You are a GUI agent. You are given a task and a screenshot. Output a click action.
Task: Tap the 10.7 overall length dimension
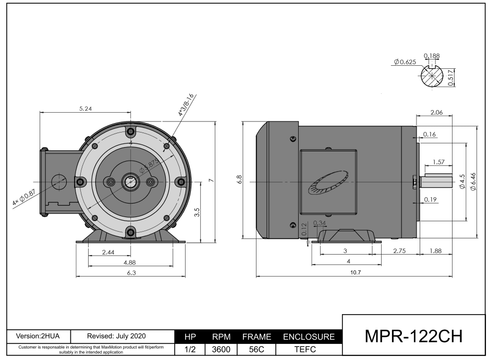(x=357, y=272)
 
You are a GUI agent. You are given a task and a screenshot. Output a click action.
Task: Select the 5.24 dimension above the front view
(x=86, y=109)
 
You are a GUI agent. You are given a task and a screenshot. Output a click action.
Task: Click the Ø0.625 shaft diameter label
(x=405, y=62)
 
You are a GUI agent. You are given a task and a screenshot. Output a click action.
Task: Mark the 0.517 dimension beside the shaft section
(x=451, y=78)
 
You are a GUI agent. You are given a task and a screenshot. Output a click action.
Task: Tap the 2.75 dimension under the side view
(x=399, y=251)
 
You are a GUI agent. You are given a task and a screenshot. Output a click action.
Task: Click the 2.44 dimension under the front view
(x=108, y=252)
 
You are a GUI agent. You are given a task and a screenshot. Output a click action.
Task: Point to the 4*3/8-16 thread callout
(x=186, y=105)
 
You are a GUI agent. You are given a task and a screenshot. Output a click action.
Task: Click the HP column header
(x=190, y=337)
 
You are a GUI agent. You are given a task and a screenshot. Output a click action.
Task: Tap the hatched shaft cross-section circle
(x=432, y=78)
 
